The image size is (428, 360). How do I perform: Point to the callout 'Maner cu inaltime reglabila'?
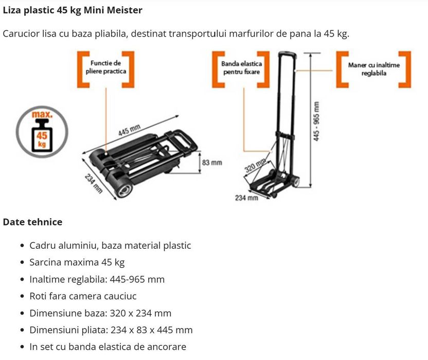click(x=373, y=69)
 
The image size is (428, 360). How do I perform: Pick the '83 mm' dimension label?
click(x=212, y=162)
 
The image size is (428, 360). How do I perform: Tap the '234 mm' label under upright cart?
click(x=246, y=198)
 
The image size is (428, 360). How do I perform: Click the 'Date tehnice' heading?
click(x=33, y=222)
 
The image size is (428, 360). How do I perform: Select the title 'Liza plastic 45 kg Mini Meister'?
click(x=73, y=10)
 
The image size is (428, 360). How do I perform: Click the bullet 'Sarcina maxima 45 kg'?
click(x=77, y=263)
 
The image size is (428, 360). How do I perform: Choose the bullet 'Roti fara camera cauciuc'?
click(x=83, y=296)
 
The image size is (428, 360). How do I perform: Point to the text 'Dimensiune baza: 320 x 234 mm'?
click(x=100, y=313)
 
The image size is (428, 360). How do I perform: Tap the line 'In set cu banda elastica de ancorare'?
click(x=108, y=347)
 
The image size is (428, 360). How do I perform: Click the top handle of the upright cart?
click(x=288, y=54)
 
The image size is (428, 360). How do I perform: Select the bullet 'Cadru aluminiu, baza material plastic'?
click(x=110, y=246)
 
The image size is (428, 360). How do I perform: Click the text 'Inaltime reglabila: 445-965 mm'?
click(x=97, y=279)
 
